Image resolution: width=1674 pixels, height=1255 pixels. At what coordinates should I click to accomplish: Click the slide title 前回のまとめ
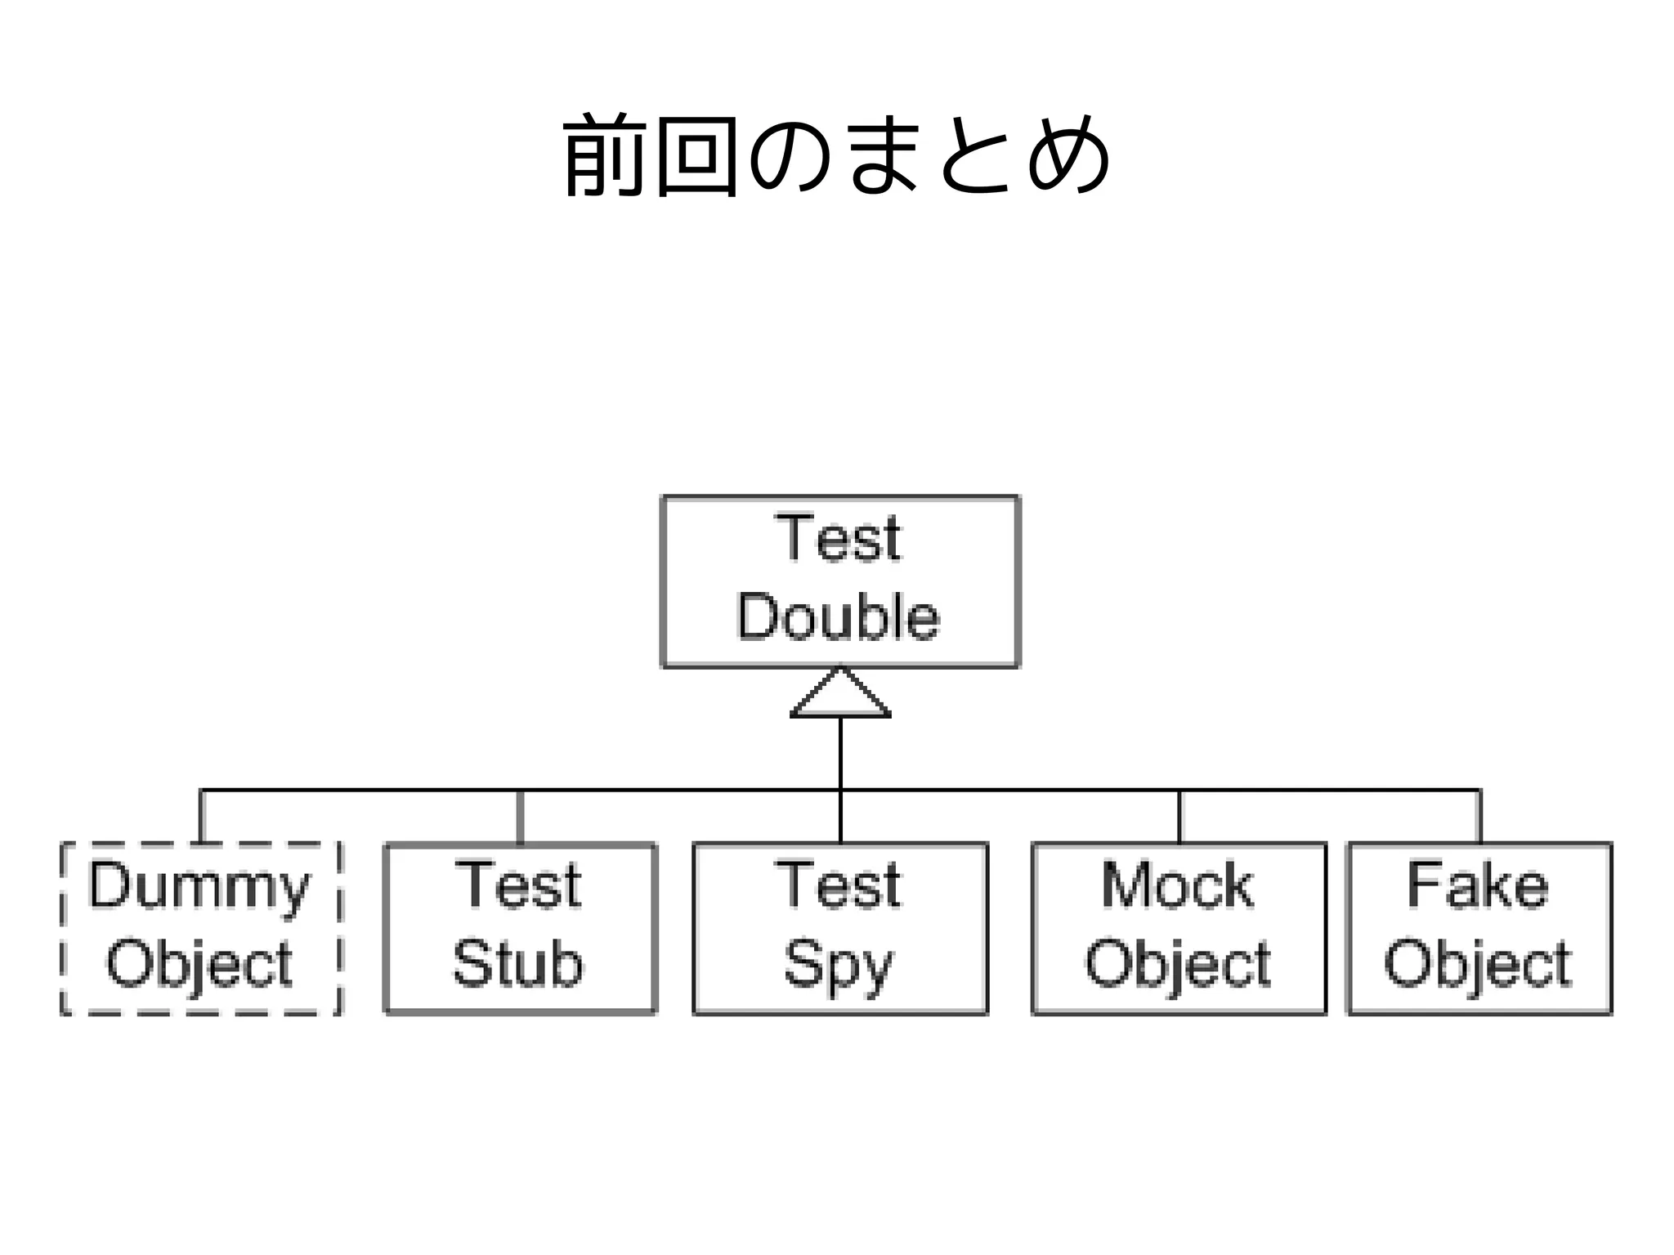pyautogui.click(x=837, y=155)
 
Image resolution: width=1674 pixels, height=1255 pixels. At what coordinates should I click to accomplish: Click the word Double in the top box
pyautogui.click(x=838, y=617)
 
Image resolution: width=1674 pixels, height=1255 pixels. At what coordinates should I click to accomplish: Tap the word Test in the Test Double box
pyautogui.click(x=838, y=539)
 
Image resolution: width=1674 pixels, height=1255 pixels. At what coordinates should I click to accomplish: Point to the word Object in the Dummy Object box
pyautogui.click(x=199, y=964)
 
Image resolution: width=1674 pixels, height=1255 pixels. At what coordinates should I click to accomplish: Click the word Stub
pyautogui.click(x=518, y=964)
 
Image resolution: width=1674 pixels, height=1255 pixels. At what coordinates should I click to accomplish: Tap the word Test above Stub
pyautogui.click(x=518, y=886)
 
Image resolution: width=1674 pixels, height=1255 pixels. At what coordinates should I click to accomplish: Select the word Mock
pyautogui.click(x=1177, y=886)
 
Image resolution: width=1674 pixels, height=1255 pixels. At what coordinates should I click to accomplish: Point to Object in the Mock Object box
pyautogui.click(x=1177, y=964)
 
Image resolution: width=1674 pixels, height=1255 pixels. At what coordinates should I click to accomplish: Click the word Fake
pyautogui.click(x=1478, y=886)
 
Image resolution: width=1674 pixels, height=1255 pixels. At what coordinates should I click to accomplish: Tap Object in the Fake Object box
pyautogui.click(x=1478, y=964)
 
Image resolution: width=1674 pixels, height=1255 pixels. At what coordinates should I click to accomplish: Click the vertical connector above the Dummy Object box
pyautogui.click(x=201, y=816)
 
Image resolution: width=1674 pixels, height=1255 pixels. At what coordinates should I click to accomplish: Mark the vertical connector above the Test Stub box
pyautogui.click(x=520, y=816)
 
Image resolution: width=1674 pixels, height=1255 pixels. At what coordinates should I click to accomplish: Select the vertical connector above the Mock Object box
pyautogui.click(x=1179, y=816)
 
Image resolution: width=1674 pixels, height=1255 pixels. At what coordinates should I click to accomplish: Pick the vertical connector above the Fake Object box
pyautogui.click(x=1479, y=816)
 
